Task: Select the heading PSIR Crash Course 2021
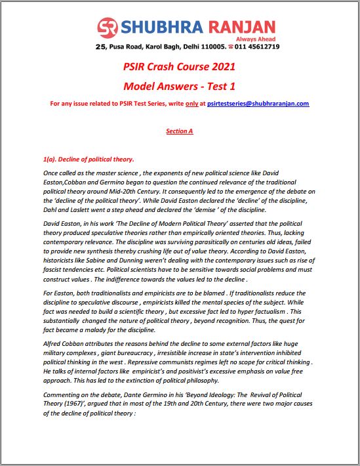point(179,67)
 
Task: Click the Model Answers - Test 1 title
point(179,86)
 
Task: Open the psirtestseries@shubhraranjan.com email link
point(263,103)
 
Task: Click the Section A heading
point(179,131)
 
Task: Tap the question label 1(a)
point(49,160)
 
